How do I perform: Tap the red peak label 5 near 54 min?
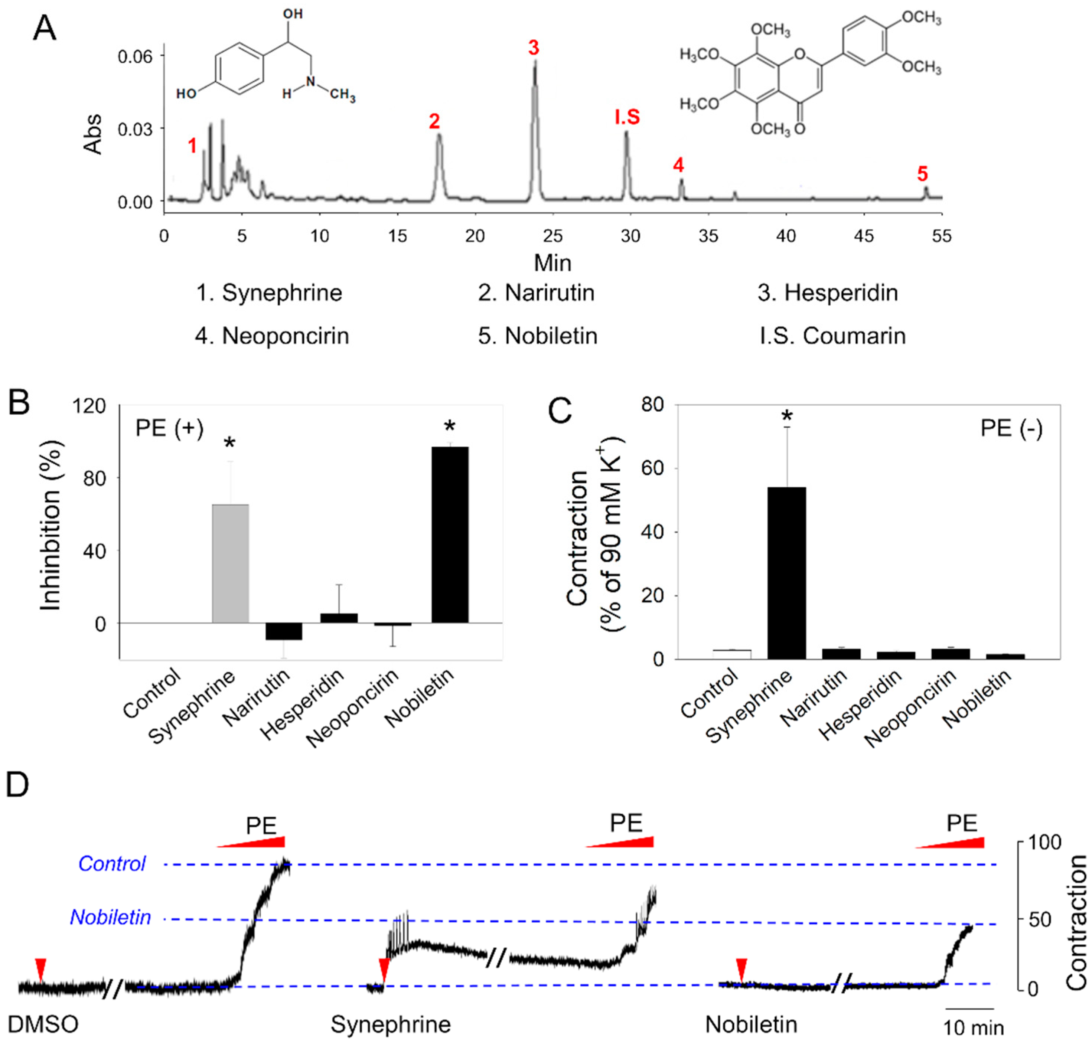[x=922, y=174]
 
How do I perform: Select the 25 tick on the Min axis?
[x=553, y=236]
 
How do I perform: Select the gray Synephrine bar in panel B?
[x=230, y=563]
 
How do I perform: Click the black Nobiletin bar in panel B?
[x=450, y=535]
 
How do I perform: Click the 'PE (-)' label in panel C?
[x=1011, y=428]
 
